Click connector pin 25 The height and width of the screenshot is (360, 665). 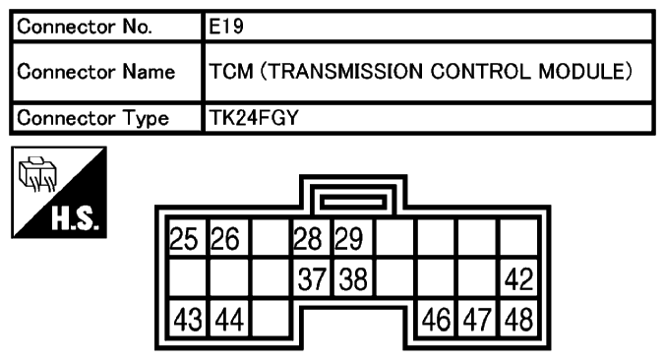[x=184, y=239]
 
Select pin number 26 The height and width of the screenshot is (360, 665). [x=225, y=239]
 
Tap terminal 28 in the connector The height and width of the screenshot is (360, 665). [x=308, y=239]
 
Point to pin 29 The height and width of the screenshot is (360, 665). [x=349, y=239]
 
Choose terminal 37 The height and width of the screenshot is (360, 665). [x=308, y=280]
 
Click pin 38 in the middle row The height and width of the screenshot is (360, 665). [x=349, y=280]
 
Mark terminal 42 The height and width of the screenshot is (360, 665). [x=517, y=280]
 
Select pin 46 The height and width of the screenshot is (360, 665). [x=435, y=321]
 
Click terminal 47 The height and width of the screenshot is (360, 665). [x=476, y=321]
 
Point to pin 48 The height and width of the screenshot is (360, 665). [x=517, y=321]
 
